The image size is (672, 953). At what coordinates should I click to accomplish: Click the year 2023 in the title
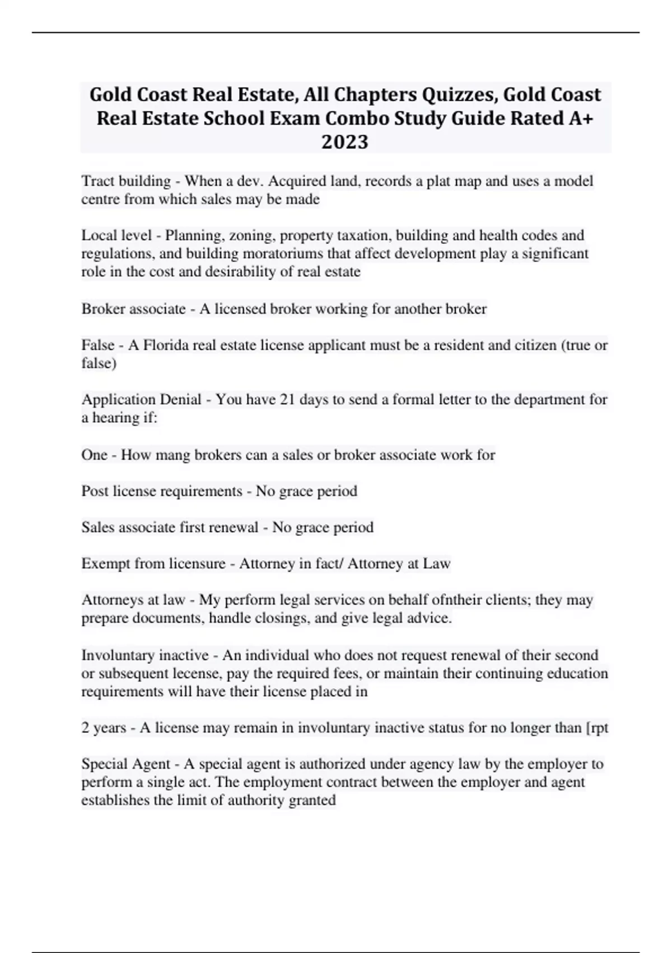click(345, 142)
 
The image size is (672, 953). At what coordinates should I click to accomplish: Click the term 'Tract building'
click(126, 181)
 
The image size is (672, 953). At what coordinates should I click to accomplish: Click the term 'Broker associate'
click(133, 309)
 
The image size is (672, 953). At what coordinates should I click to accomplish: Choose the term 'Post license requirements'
click(161, 491)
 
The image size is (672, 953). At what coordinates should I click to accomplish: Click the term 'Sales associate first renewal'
click(170, 528)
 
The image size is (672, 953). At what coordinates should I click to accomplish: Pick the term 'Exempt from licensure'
click(153, 563)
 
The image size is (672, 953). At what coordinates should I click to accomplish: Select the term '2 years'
click(104, 728)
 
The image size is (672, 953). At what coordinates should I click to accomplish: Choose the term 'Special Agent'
click(125, 764)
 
